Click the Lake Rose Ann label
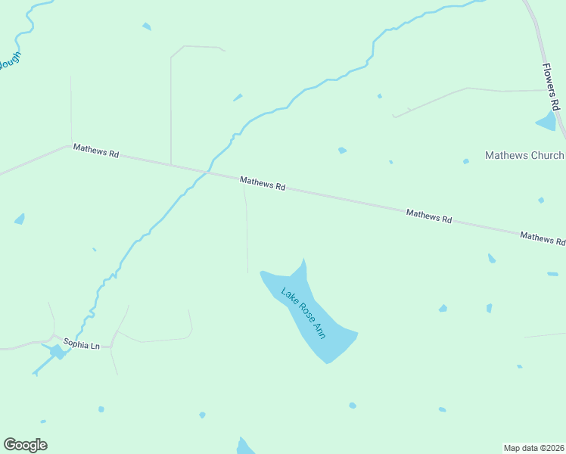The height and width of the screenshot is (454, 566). click(303, 313)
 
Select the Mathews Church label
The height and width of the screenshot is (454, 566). click(524, 156)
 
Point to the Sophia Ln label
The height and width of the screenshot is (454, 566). click(81, 343)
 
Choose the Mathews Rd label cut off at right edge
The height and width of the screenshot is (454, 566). click(543, 238)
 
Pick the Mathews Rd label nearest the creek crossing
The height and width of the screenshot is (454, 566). click(263, 183)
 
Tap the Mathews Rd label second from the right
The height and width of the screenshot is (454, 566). click(429, 216)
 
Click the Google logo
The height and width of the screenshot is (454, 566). click(25, 445)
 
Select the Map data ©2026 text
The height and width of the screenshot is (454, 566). click(533, 447)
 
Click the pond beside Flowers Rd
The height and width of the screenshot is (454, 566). click(546, 121)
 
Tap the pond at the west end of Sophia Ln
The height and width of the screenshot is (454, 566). click(57, 352)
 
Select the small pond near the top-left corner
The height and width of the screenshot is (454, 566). click(146, 26)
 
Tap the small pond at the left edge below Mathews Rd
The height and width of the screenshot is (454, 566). click(20, 219)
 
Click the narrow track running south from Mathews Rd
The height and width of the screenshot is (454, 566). click(247, 235)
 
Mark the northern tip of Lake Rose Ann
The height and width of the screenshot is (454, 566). click(304, 260)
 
